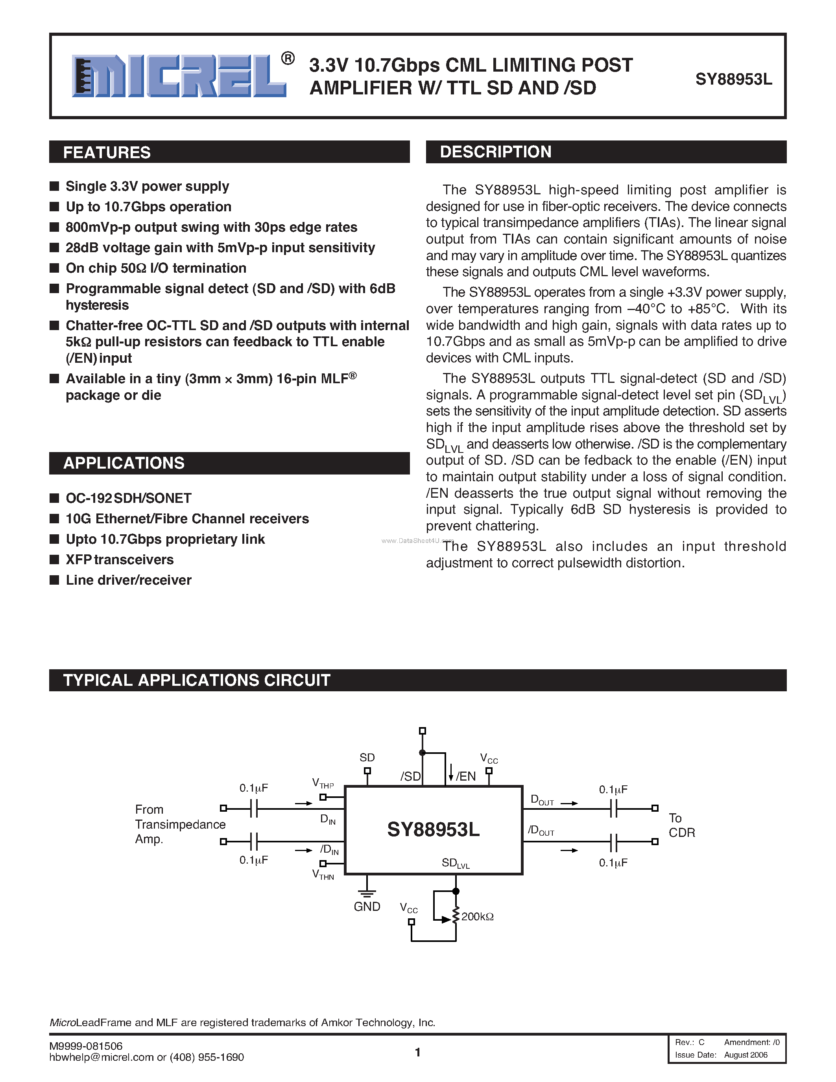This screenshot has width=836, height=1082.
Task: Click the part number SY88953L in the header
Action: pyautogui.click(x=733, y=79)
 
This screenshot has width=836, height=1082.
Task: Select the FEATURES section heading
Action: pyautogui.click(x=107, y=152)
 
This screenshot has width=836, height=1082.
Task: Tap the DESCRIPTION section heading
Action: pyautogui.click(x=495, y=151)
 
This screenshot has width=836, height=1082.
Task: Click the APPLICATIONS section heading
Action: pyautogui.click(x=124, y=463)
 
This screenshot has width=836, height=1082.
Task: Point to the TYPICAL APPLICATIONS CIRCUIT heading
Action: pyautogui.click(x=197, y=680)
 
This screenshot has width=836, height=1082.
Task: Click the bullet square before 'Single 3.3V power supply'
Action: pyautogui.click(x=54, y=186)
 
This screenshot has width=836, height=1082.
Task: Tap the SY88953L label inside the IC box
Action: pyautogui.click(x=434, y=829)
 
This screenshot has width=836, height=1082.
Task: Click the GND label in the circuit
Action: pyautogui.click(x=367, y=906)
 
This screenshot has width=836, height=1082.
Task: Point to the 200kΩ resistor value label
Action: pyautogui.click(x=478, y=916)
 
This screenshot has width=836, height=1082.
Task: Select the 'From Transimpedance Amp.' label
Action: pyautogui.click(x=180, y=824)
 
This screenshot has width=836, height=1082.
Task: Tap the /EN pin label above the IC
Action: pyautogui.click(x=465, y=776)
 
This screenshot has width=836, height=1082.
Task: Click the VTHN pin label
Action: pyautogui.click(x=323, y=874)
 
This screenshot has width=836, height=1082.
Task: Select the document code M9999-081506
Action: pyautogui.click(x=86, y=1046)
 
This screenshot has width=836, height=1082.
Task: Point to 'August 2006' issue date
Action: pyautogui.click(x=746, y=1055)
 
